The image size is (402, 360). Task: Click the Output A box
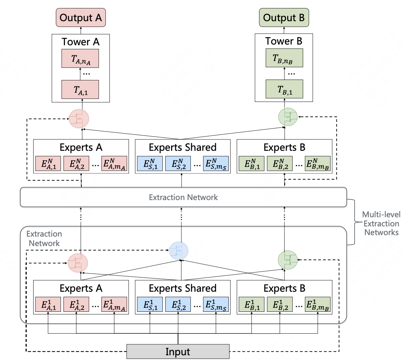click(x=81, y=18)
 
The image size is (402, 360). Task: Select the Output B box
click(x=284, y=18)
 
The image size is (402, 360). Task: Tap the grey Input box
click(x=178, y=352)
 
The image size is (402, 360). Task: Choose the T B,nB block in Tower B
click(x=284, y=58)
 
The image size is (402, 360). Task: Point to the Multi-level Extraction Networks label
click(x=380, y=223)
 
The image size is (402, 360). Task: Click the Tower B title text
click(x=284, y=41)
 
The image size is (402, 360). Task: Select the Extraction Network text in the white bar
click(x=183, y=197)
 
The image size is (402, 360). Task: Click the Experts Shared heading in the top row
click(x=182, y=148)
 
